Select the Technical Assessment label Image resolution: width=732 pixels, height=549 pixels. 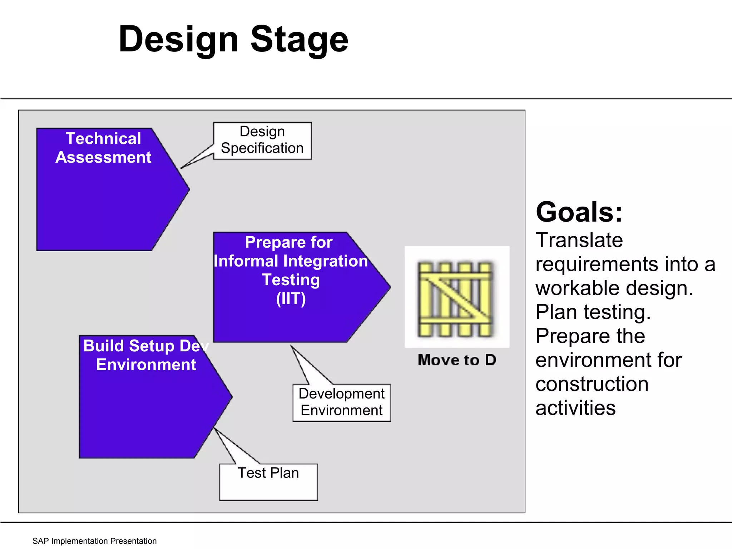103,148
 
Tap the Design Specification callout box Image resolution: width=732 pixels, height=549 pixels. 262,140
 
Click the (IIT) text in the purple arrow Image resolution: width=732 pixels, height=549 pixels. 291,299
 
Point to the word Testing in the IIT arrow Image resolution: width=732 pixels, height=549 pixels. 291,280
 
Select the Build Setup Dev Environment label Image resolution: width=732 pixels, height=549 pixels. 146,355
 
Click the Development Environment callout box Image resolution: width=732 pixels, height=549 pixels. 342,403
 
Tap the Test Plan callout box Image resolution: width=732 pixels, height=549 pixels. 268,481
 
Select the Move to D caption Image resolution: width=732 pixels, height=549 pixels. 457,360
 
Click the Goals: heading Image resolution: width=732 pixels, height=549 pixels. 579,212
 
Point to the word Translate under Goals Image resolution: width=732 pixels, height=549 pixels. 579,240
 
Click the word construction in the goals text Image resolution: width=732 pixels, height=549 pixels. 592,384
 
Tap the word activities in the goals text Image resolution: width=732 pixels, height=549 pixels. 575,408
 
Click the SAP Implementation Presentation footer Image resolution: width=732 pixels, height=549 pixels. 94,541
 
